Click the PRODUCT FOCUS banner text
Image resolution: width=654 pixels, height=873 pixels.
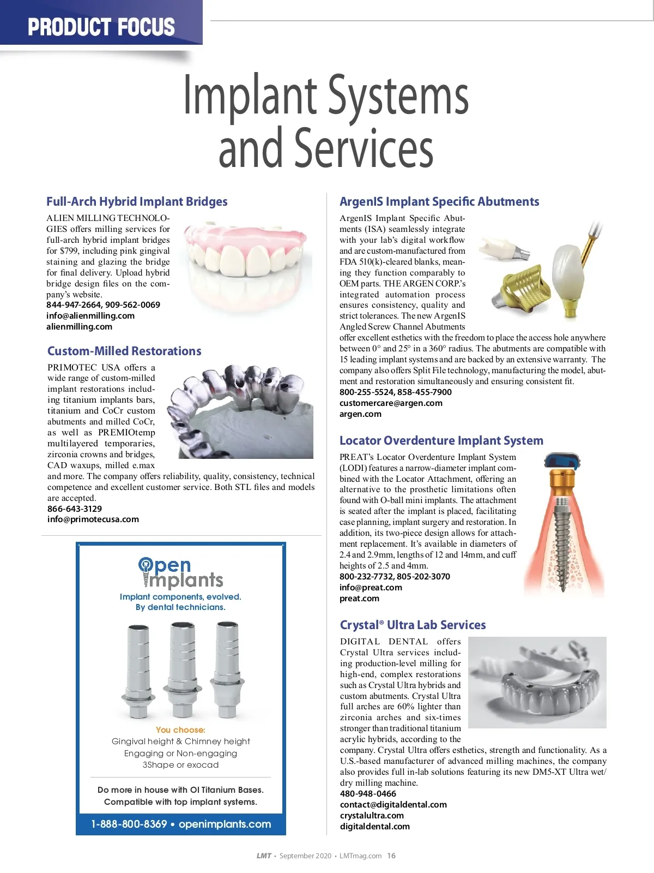tap(101, 27)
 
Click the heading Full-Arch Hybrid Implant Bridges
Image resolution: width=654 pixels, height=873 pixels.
tap(137, 201)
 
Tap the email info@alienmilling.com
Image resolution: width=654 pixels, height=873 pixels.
tap(90, 315)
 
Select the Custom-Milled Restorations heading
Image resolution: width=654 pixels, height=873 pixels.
tap(124, 351)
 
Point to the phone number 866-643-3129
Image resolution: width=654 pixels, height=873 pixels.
tap(75, 509)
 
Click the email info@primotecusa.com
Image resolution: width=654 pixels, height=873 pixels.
tap(93, 519)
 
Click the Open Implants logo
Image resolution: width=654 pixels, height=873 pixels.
tap(180, 573)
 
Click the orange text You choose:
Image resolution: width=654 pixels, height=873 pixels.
tap(180, 730)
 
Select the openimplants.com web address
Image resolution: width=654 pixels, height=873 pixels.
tap(225, 824)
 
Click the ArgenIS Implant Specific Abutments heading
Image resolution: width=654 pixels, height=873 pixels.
tap(439, 201)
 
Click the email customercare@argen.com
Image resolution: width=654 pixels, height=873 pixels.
tap(391, 403)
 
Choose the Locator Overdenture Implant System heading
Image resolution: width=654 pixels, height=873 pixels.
tap(441, 440)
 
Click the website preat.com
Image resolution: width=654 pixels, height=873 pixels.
tap(359, 598)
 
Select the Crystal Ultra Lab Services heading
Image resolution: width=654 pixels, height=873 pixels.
tap(413, 625)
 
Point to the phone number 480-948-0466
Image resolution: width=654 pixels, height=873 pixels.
tap(368, 793)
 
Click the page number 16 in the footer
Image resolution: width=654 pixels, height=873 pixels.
tap(391, 856)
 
